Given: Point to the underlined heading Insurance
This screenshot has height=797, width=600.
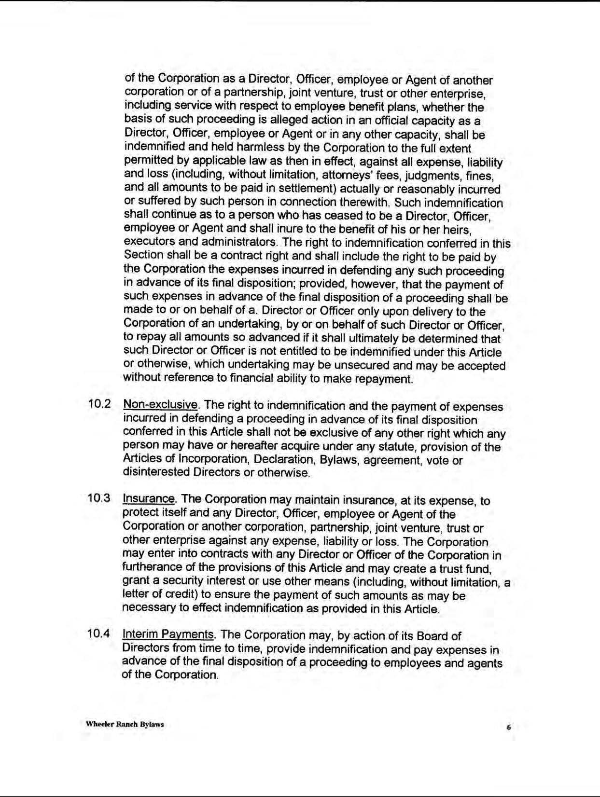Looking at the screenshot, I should tap(149, 499).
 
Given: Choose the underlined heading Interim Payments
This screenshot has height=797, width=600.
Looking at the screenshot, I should tap(168, 634).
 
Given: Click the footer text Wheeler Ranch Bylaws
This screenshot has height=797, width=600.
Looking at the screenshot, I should tap(125, 724).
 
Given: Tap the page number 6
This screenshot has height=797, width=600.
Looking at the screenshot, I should tap(508, 728).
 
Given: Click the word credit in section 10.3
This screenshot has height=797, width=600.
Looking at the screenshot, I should tap(181, 595).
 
